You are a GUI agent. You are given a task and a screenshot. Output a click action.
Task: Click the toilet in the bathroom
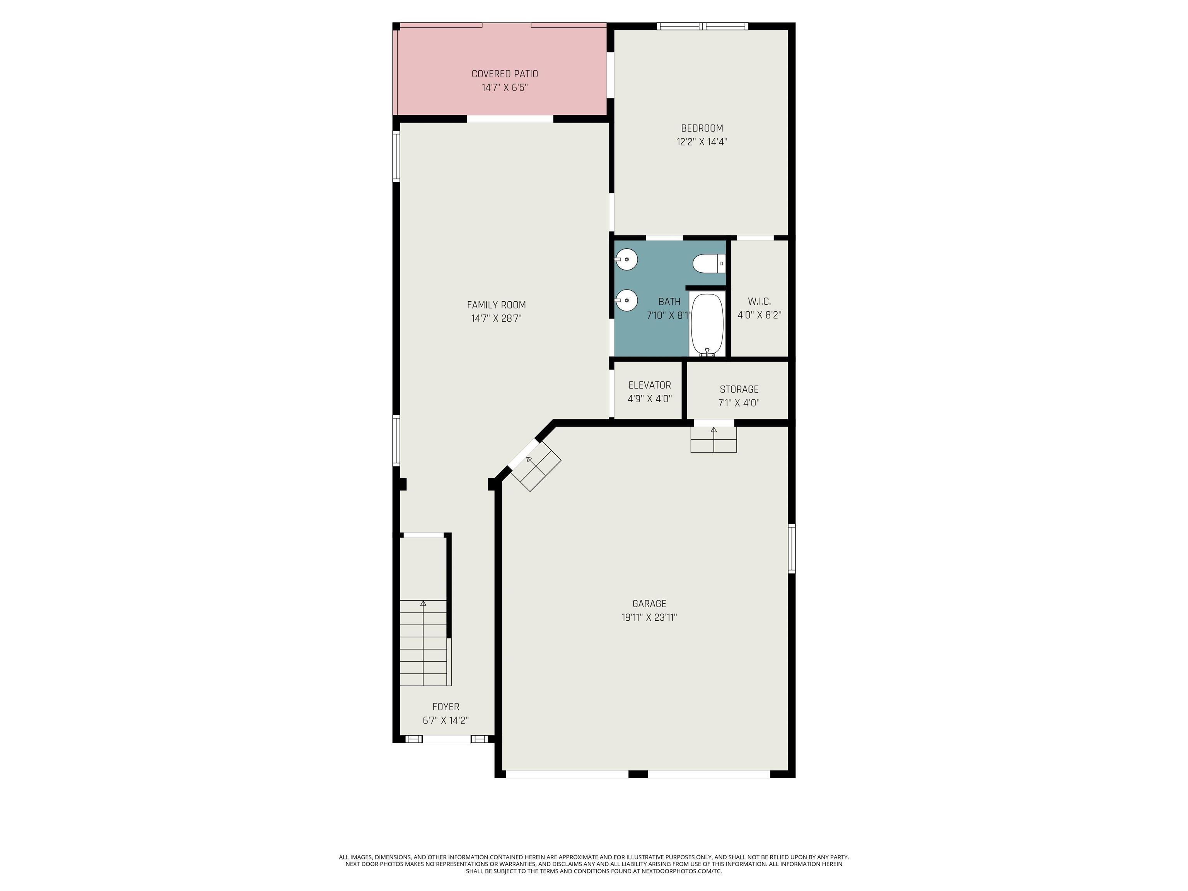point(709,264)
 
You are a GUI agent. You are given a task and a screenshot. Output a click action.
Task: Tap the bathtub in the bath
point(707,325)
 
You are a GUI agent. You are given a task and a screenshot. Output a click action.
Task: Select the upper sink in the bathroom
point(626,260)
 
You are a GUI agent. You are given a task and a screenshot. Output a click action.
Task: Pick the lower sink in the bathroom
point(626,300)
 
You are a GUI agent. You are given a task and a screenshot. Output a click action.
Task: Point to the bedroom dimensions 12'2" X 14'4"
point(702,142)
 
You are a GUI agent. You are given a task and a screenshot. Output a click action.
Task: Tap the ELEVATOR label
point(650,385)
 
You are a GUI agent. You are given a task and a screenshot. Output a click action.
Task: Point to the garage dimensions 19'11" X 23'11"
point(649,618)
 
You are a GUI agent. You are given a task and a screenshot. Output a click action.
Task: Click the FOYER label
point(446,707)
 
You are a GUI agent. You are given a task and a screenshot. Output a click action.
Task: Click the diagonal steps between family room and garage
point(535,465)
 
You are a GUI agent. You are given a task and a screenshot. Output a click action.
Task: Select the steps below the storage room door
point(713,439)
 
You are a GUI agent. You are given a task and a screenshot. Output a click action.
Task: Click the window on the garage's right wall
point(792,548)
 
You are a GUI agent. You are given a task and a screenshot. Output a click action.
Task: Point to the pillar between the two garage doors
point(638,774)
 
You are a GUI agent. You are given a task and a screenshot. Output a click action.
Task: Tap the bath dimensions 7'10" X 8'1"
point(669,315)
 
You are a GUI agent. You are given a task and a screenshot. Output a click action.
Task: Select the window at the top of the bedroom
point(703,26)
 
